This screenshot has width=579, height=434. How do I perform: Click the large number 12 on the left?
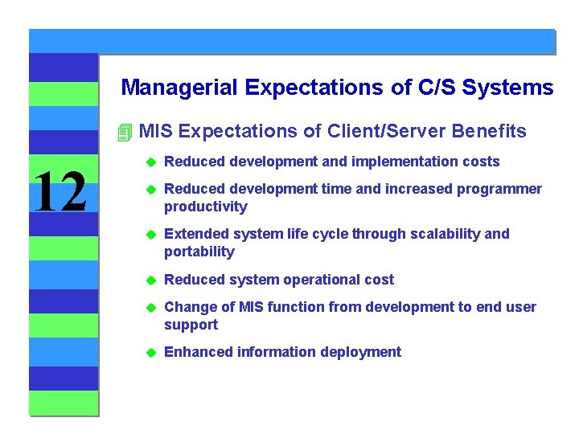61,194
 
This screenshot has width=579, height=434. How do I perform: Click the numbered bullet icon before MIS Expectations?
123,132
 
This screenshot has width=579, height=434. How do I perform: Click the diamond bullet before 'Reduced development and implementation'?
148,162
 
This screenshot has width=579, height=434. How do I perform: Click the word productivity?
205,207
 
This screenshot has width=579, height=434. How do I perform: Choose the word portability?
199,252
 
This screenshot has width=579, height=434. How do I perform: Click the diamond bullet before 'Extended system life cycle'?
148,235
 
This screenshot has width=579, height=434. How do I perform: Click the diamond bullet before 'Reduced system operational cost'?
148,280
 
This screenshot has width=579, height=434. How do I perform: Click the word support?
191,325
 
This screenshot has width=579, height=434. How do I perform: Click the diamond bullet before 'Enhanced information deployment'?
148,353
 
